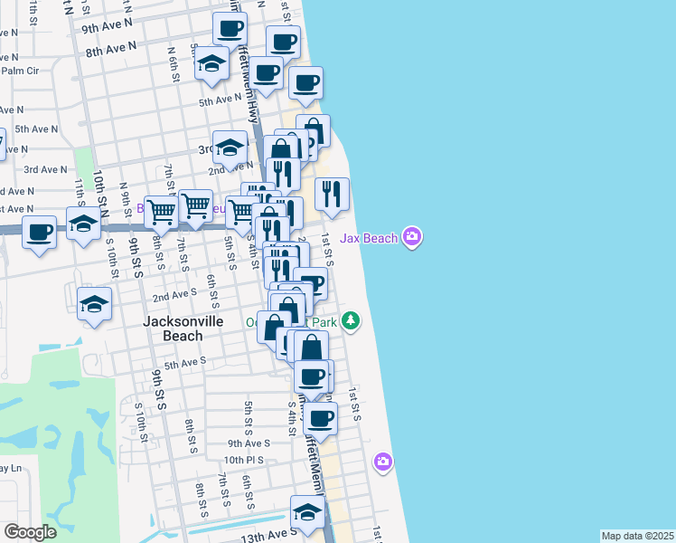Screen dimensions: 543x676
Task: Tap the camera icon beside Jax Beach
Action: tap(412, 237)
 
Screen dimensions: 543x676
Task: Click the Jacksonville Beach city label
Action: tap(174, 329)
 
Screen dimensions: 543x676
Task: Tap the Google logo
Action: tap(30, 532)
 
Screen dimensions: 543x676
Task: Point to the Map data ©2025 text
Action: tap(637, 536)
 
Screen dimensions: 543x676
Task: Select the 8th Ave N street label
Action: tap(111, 49)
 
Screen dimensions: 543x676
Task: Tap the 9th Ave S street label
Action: tap(249, 443)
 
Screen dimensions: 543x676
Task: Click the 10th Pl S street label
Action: tap(245, 459)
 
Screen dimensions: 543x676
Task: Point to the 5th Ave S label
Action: tap(185, 361)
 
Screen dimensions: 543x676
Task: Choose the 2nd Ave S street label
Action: tap(174, 295)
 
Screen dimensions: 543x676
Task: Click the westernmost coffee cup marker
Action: tap(39, 231)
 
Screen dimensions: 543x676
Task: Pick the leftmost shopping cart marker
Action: tap(161, 212)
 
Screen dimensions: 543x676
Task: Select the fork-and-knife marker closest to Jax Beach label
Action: tap(332, 193)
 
